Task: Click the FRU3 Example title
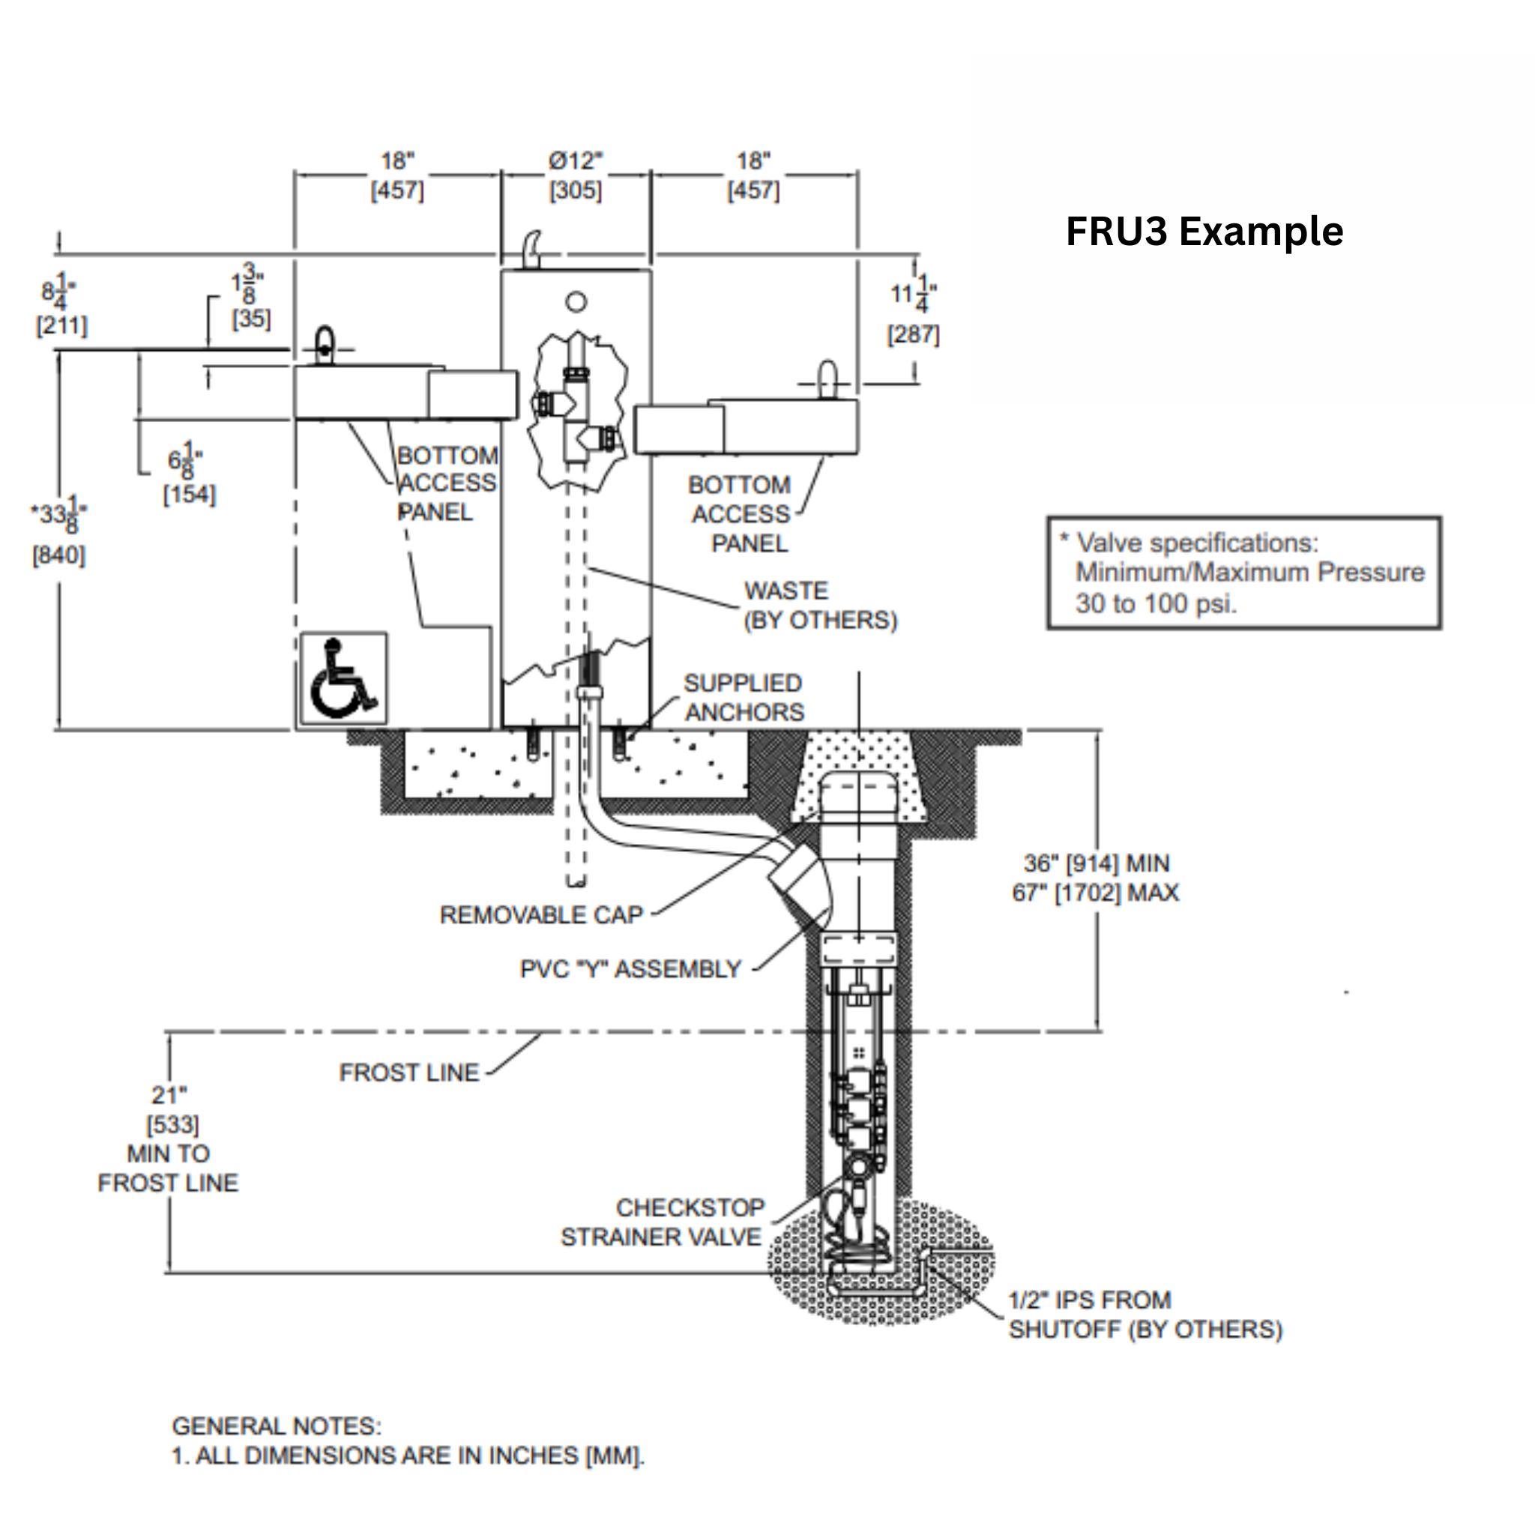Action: tap(1204, 232)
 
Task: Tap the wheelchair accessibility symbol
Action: tap(343, 678)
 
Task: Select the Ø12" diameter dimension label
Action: tap(575, 175)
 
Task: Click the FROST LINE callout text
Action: tap(409, 1073)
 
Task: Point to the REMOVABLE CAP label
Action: tap(541, 914)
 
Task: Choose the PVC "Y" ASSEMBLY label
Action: tap(630, 968)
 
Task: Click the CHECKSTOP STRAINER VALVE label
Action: tap(663, 1222)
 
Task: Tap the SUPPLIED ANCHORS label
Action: tap(744, 698)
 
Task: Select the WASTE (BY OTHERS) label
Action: tap(819, 606)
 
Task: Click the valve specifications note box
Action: tap(1243, 573)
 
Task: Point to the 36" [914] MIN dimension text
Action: tap(1096, 863)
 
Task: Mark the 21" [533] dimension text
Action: tap(170, 1109)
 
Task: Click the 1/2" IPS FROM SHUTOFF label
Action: tap(1144, 1315)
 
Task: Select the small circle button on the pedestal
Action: tap(576, 302)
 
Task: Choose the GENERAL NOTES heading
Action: tap(277, 1426)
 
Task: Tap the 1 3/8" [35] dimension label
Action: tap(250, 296)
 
